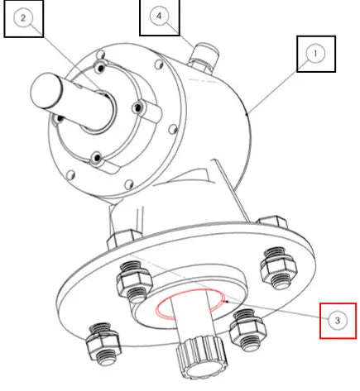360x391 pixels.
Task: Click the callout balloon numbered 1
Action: coord(315,54)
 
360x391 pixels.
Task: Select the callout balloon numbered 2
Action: coord(23,18)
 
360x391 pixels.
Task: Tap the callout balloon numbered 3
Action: coord(338,321)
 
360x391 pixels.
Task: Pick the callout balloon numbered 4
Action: coord(159,16)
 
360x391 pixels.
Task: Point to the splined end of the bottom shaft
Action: coord(202,358)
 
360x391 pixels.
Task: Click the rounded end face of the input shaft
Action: coord(46,90)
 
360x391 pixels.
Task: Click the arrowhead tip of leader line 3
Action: coord(226,302)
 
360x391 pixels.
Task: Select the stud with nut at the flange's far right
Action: coord(279,268)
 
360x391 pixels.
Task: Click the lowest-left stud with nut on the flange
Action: coord(103,344)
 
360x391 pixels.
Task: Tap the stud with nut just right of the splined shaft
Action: coord(248,330)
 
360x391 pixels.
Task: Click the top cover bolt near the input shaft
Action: coord(100,67)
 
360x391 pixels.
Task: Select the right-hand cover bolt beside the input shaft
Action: coord(137,107)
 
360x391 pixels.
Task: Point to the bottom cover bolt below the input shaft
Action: coord(97,158)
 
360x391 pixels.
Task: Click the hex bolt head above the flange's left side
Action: coord(124,239)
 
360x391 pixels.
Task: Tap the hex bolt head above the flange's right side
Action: coord(272,222)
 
